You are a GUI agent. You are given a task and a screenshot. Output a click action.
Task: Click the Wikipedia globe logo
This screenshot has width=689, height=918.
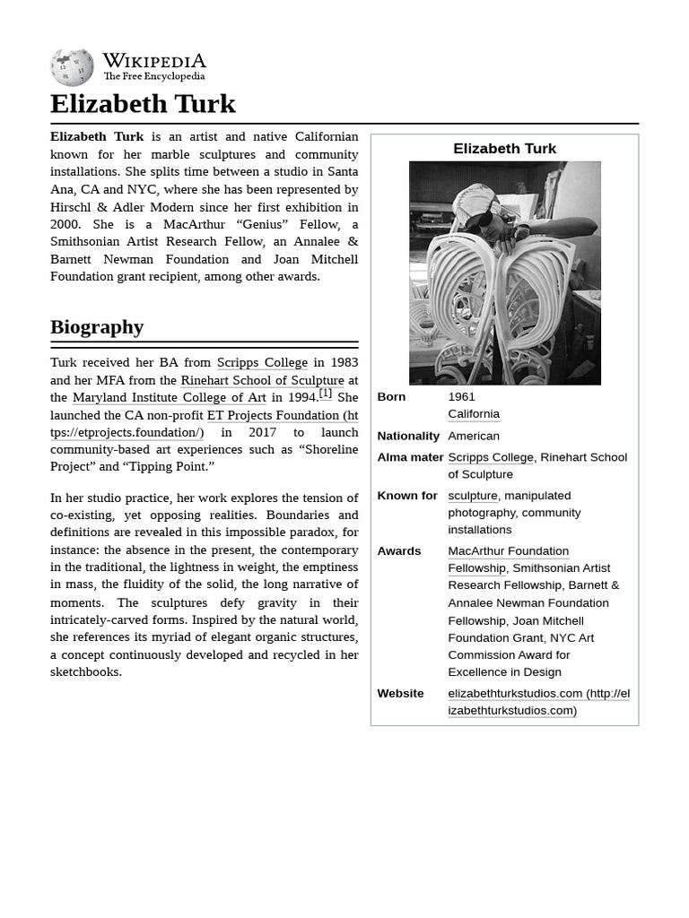pyautogui.click(x=72, y=68)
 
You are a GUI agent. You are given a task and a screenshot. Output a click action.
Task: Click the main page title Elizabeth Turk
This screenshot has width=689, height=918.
pyautogui.click(x=143, y=104)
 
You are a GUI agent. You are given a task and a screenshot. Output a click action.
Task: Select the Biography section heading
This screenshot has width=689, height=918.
pyautogui.click(x=97, y=326)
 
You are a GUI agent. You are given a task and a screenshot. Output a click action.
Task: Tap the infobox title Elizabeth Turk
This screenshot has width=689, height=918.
pyautogui.click(x=504, y=149)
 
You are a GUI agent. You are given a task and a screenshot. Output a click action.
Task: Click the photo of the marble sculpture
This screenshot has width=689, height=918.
pyautogui.click(x=504, y=273)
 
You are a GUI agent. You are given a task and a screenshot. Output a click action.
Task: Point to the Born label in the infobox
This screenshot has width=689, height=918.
pyautogui.click(x=391, y=396)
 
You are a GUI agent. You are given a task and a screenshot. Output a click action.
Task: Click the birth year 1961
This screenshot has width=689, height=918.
pyautogui.click(x=461, y=396)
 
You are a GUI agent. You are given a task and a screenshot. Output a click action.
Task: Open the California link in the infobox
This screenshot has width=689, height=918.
pyautogui.click(x=474, y=413)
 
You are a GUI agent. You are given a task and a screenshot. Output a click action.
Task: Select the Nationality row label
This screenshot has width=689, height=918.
pyautogui.click(x=408, y=436)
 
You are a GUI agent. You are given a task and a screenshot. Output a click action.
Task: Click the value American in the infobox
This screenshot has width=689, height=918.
pyautogui.click(x=474, y=436)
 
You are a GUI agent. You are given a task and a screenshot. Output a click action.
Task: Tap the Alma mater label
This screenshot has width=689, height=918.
pyautogui.click(x=410, y=457)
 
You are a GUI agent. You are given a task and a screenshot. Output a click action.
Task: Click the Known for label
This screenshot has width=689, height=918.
pyautogui.click(x=407, y=495)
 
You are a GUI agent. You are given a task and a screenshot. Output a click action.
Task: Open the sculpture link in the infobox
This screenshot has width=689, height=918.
pyautogui.click(x=472, y=495)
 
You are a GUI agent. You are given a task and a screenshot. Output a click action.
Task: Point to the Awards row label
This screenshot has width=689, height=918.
pyautogui.click(x=399, y=550)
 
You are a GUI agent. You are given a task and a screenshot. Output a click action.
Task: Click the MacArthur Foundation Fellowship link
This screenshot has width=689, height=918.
pyautogui.click(x=508, y=550)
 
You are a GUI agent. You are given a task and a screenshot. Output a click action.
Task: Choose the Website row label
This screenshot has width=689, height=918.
pyautogui.click(x=400, y=693)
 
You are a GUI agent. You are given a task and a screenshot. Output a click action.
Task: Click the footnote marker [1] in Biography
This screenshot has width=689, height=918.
pyautogui.click(x=326, y=393)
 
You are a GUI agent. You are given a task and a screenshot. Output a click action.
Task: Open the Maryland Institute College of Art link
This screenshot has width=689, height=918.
pyautogui.click(x=169, y=397)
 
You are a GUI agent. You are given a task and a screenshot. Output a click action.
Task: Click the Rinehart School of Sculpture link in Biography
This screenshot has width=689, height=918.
pyautogui.click(x=262, y=380)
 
